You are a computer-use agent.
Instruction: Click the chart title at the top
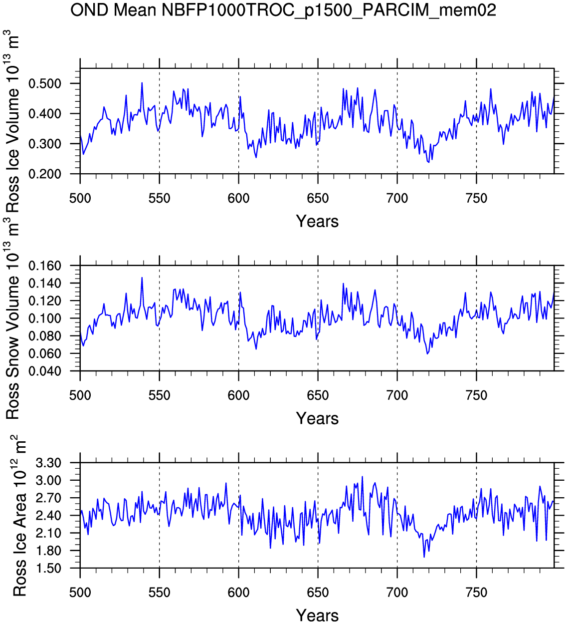click(283, 10)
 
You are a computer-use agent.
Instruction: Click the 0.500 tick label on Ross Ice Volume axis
click(51, 83)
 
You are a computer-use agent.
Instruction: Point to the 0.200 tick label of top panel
click(51, 174)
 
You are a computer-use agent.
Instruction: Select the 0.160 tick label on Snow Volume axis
click(51, 266)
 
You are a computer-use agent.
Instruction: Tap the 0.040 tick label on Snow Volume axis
click(51, 371)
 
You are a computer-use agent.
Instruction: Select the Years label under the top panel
click(317, 221)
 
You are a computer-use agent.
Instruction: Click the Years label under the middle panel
click(317, 418)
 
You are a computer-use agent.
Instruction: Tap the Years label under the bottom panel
click(317, 615)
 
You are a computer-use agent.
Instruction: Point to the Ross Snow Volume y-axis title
click(13, 319)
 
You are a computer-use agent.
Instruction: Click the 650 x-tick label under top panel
click(318, 199)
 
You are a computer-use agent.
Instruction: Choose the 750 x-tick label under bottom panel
click(476, 593)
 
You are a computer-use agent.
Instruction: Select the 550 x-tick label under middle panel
click(159, 396)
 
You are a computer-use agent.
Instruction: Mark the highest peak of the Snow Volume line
click(142, 278)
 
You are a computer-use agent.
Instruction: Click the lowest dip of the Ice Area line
click(424, 557)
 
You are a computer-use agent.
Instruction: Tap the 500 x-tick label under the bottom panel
click(80, 593)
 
